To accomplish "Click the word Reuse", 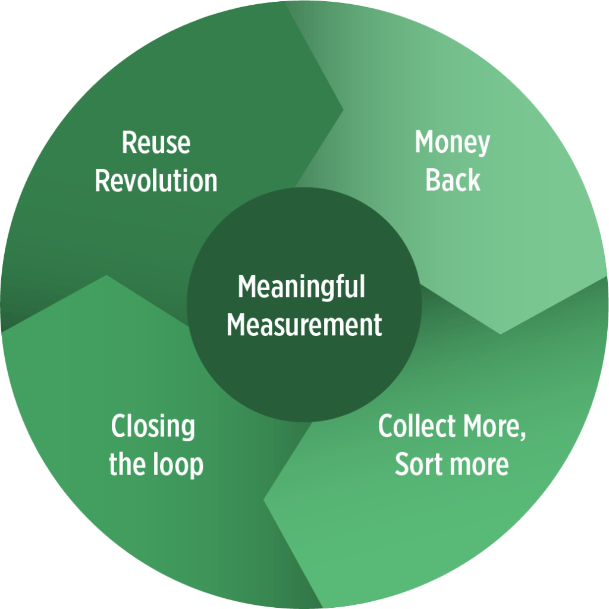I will point(156,143).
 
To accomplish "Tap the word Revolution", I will point(156,180).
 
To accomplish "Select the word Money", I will point(452,143).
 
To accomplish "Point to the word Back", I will point(453,180).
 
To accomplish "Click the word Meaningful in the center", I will point(301,288).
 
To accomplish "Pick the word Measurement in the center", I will point(304,325).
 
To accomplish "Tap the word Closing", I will point(153,428).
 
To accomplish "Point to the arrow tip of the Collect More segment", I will point(265,498).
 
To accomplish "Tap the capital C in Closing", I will point(118,427).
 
